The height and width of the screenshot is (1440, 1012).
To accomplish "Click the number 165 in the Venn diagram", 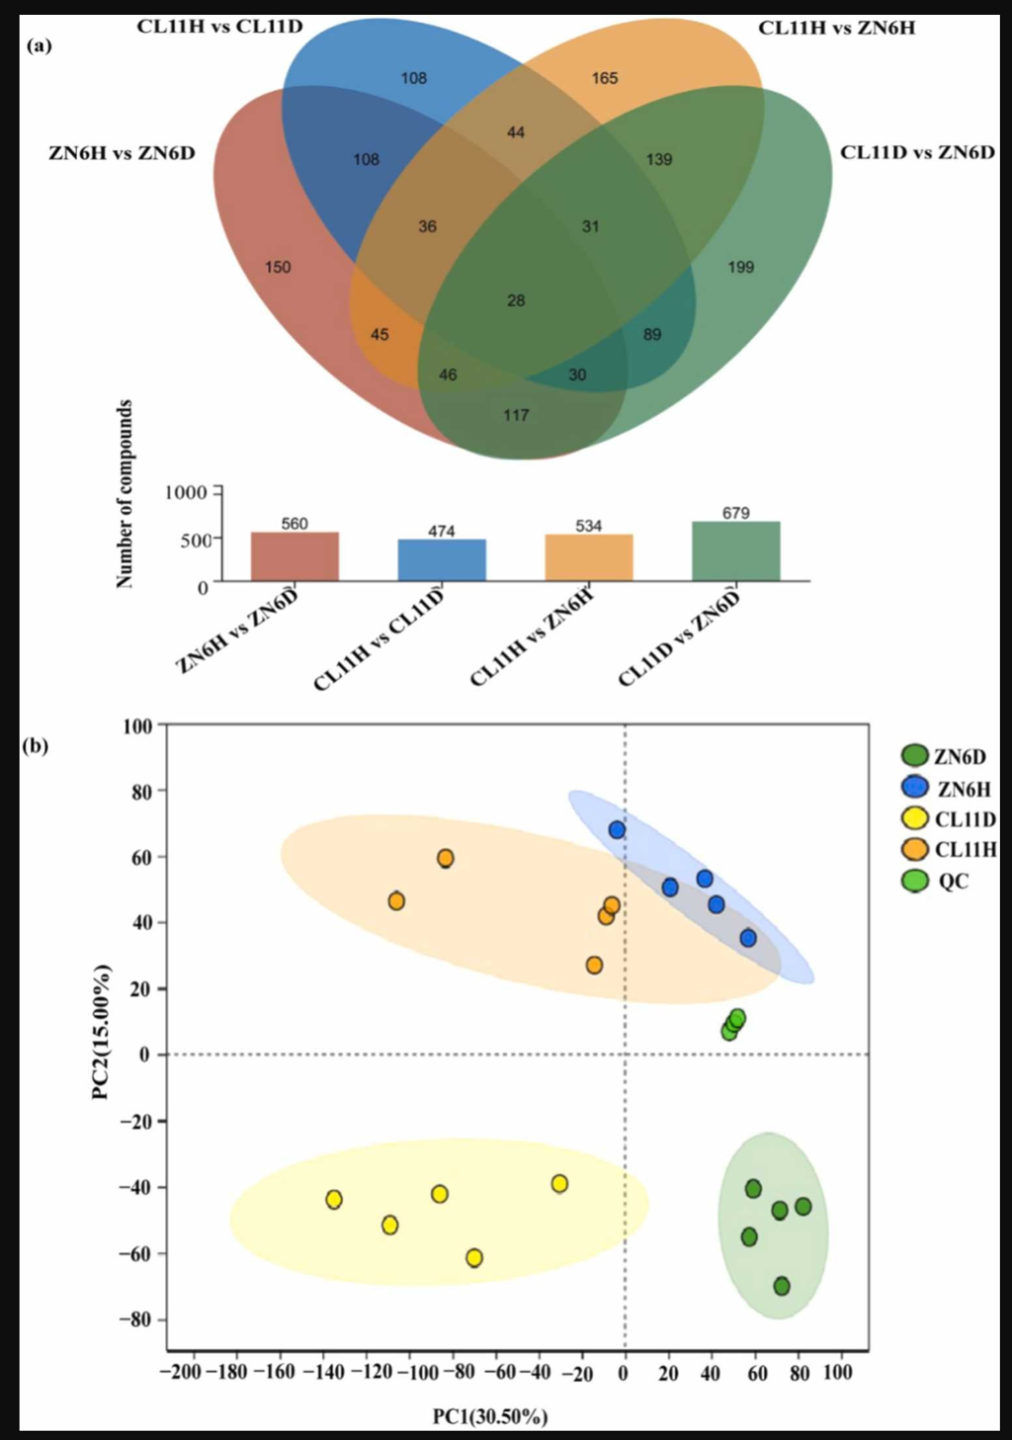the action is click(604, 79).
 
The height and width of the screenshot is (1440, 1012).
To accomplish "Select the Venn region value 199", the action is click(740, 268).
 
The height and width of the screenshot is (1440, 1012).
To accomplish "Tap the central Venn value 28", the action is click(516, 301).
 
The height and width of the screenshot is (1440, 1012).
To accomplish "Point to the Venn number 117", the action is click(516, 416).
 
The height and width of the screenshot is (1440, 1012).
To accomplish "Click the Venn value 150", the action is click(278, 268).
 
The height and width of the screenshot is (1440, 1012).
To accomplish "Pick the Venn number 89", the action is click(652, 335).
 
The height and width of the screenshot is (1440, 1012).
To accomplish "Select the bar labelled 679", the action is click(736, 551).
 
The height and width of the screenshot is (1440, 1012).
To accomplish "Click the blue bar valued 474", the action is click(442, 560).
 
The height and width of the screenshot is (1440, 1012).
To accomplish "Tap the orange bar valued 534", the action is click(588, 557).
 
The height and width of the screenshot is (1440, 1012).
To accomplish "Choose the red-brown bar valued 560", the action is click(294, 557).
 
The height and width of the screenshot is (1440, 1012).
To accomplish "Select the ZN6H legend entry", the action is click(946, 788).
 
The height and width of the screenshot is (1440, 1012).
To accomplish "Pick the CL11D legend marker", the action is click(915, 819).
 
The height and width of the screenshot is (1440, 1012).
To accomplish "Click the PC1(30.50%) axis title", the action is click(490, 1417).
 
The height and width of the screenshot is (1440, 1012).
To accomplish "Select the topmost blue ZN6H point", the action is click(617, 830).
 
